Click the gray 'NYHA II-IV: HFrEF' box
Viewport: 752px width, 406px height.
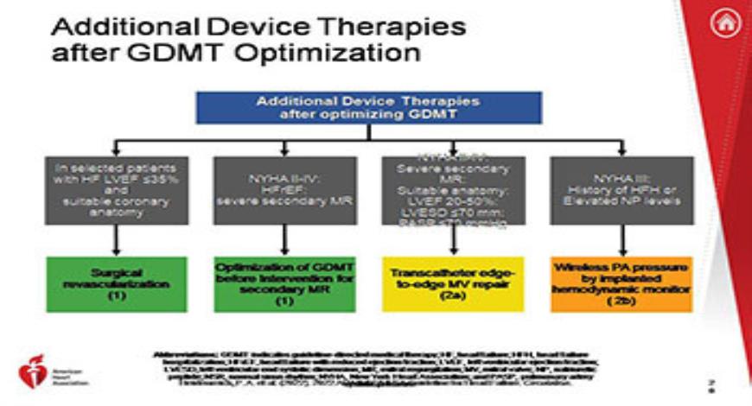click(284, 190)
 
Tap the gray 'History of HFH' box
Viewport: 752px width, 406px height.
click(621, 190)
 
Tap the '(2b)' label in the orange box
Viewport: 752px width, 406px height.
click(621, 304)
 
